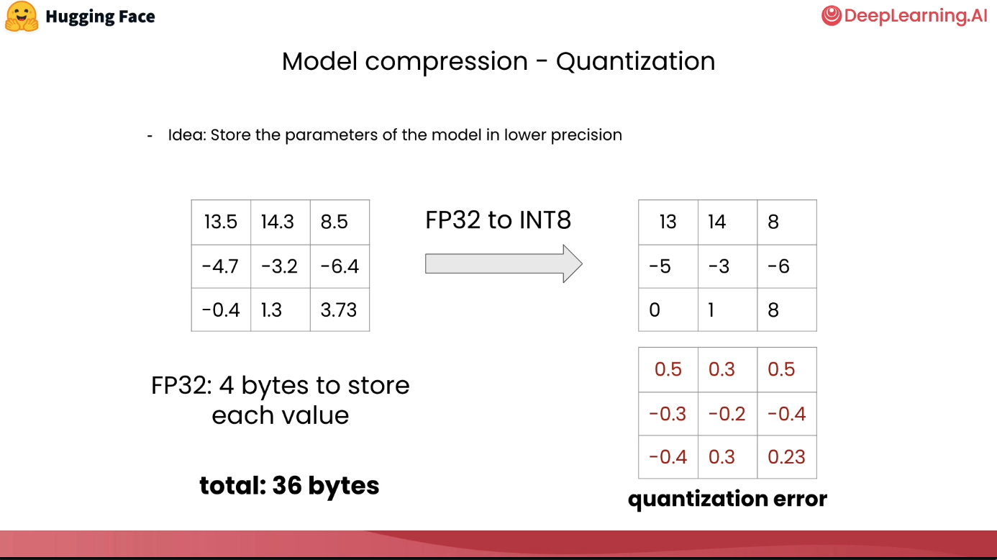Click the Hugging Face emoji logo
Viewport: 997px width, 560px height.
tap(22, 17)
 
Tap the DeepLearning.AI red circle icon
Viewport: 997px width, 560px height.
tap(831, 16)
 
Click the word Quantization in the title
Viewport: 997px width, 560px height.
tap(636, 61)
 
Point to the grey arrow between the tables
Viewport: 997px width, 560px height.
tap(504, 263)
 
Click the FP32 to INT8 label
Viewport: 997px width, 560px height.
tap(498, 220)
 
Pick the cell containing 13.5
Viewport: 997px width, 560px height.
tap(222, 222)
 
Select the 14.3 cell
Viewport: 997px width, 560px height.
tap(281, 222)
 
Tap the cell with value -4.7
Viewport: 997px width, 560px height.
tap(222, 266)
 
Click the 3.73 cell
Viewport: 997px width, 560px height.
tap(340, 310)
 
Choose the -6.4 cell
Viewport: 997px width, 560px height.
tap(340, 266)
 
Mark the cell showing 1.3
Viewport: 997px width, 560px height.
tap(281, 310)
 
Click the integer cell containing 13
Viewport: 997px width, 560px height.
tap(668, 222)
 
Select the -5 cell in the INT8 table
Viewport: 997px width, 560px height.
tap(668, 266)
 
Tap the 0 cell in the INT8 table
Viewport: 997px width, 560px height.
tap(668, 310)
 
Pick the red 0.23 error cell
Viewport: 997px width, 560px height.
tap(787, 457)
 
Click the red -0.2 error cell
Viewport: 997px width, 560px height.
tap(727, 414)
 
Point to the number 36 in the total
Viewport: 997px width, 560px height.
tap(286, 485)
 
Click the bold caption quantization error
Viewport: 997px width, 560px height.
tap(727, 499)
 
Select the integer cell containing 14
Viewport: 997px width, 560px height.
tap(727, 222)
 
